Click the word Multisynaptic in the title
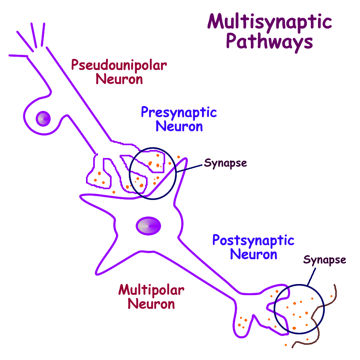pyautogui.click(x=270, y=22)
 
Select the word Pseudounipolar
pyautogui.click(x=119, y=65)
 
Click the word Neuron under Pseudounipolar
pyautogui.click(x=119, y=79)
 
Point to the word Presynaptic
pyautogui.click(x=178, y=112)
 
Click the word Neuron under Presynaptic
pyautogui.click(x=179, y=126)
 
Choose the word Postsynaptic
pyautogui.click(x=253, y=241)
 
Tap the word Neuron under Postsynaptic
pyautogui.click(x=254, y=254)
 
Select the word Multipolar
pyautogui.click(x=151, y=290)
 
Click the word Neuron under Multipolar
pyautogui.click(x=151, y=304)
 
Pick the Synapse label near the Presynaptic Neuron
pyautogui.click(x=226, y=163)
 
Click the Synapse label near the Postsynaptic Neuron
pyautogui.click(x=324, y=260)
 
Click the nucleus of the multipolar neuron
pyautogui.click(x=148, y=226)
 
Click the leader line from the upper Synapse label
pyautogui.click(x=190, y=168)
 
